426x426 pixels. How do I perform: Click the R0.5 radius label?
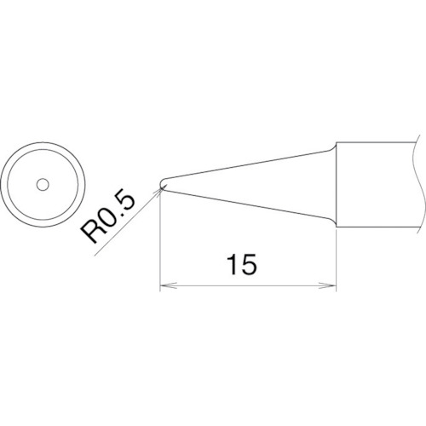coord(107,215)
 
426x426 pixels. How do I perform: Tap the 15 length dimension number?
coord(242,264)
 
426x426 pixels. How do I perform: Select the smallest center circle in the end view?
coord(43,185)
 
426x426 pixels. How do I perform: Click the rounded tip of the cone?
coord(160,184)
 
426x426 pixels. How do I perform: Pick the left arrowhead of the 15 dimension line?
coord(169,285)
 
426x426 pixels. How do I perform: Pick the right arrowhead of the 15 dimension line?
coord(328,285)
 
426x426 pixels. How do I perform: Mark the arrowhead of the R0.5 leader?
coord(158,191)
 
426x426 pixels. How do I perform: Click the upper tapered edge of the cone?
coord(247,165)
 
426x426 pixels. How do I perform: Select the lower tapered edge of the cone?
coord(247,204)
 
